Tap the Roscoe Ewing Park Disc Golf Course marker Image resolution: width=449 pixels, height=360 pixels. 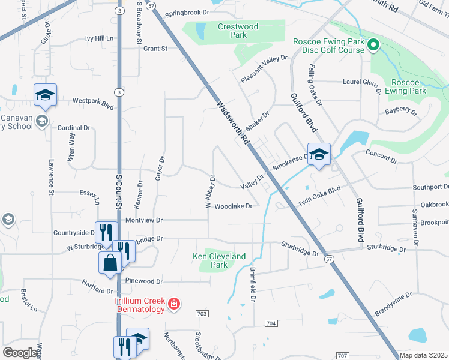pyautogui.click(x=372, y=45)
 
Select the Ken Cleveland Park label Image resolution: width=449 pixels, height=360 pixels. pyautogui.click(x=219, y=260)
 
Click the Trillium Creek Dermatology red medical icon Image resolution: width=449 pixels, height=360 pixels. pyautogui.click(x=174, y=304)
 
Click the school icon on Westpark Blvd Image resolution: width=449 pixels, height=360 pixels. pyautogui.click(x=45, y=95)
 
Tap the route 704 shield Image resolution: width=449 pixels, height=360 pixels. pyautogui.click(x=271, y=323)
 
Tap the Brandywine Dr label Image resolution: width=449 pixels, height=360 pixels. pyautogui.click(x=393, y=304)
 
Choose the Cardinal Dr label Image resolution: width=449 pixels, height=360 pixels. pyautogui.click(x=73, y=128)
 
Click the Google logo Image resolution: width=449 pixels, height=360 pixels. pyautogui.click(x=20, y=353)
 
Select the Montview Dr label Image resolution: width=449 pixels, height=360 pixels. pyautogui.click(x=144, y=220)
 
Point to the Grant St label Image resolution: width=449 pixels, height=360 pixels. pyautogui.click(x=155, y=49)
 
